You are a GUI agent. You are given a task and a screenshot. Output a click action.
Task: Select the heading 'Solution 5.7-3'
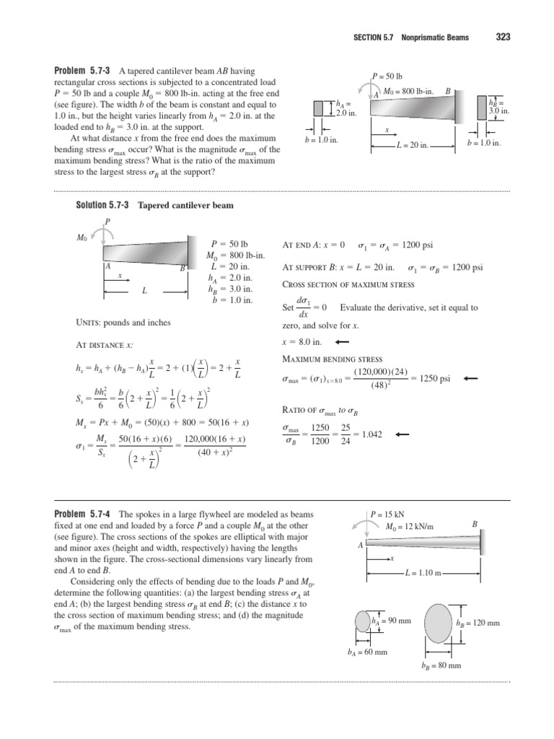[102, 206]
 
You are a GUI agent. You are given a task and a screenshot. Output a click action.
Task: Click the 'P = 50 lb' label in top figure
[389, 76]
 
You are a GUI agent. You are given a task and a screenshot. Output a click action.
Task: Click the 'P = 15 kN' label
[387, 515]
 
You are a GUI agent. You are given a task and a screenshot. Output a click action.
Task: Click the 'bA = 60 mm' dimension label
[367, 651]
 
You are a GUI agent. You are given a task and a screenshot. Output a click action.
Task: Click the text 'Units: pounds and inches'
[123, 322]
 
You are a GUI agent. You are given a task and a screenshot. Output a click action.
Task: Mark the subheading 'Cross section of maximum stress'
[338, 285]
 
